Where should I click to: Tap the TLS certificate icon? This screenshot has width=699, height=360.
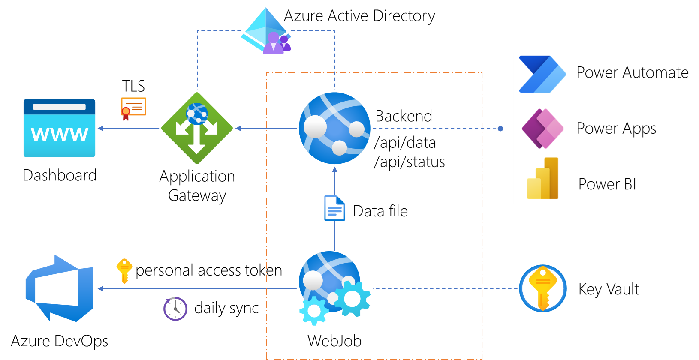click(133, 108)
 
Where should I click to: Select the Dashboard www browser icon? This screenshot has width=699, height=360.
click(59, 128)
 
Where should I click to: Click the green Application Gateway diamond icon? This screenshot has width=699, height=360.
click(197, 128)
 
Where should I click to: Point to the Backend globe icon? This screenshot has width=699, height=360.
click(334, 128)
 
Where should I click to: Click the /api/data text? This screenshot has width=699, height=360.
click(405, 143)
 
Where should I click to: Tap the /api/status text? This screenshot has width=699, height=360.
click(409, 162)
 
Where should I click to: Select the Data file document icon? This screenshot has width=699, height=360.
click(334, 208)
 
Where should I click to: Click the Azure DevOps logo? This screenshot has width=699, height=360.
click(60, 288)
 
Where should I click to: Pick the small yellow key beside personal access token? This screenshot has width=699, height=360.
click(124, 270)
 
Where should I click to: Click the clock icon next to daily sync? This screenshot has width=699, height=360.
click(175, 309)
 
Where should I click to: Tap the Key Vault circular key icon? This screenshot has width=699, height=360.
click(543, 288)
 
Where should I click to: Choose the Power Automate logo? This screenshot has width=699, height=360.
click(542, 74)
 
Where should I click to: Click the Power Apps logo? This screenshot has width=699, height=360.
click(542, 129)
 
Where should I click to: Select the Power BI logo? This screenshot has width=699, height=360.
click(543, 179)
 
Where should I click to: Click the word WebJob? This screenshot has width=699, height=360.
click(334, 341)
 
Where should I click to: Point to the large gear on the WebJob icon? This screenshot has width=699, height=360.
click(352, 299)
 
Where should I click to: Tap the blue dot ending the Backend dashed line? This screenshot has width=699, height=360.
click(500, 129)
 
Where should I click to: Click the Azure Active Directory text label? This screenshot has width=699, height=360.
click(359, 16)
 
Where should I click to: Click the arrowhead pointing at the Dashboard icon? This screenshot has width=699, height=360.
click(100, 128)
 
